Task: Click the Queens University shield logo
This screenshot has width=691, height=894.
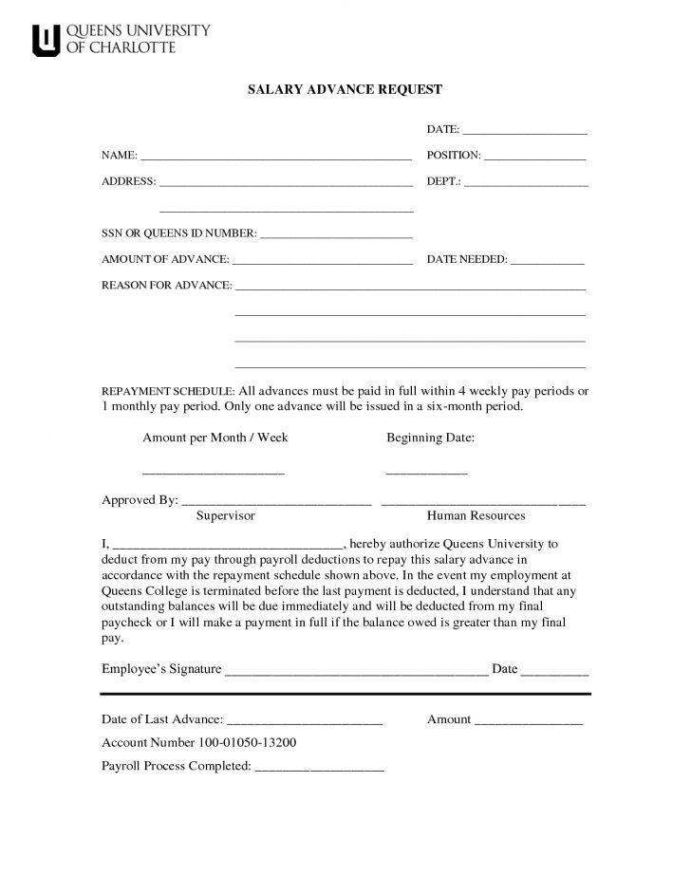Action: point(46,40)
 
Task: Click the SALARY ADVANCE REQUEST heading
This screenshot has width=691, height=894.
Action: point(345,89)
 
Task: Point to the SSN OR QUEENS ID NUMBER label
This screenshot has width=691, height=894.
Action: point(178,233)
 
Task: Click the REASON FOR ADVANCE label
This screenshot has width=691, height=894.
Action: point(166,286)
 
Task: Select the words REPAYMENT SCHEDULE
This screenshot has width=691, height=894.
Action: point(167,391)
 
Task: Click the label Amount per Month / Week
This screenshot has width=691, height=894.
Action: point(215,438)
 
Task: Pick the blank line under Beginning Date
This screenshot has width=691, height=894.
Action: point(426,472)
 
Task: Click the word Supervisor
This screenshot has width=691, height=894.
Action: point(225,515)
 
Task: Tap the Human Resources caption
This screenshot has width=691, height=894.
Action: point(476,515)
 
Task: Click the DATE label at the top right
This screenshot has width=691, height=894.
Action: point(442,128)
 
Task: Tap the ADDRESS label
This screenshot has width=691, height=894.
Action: point(128,180)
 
